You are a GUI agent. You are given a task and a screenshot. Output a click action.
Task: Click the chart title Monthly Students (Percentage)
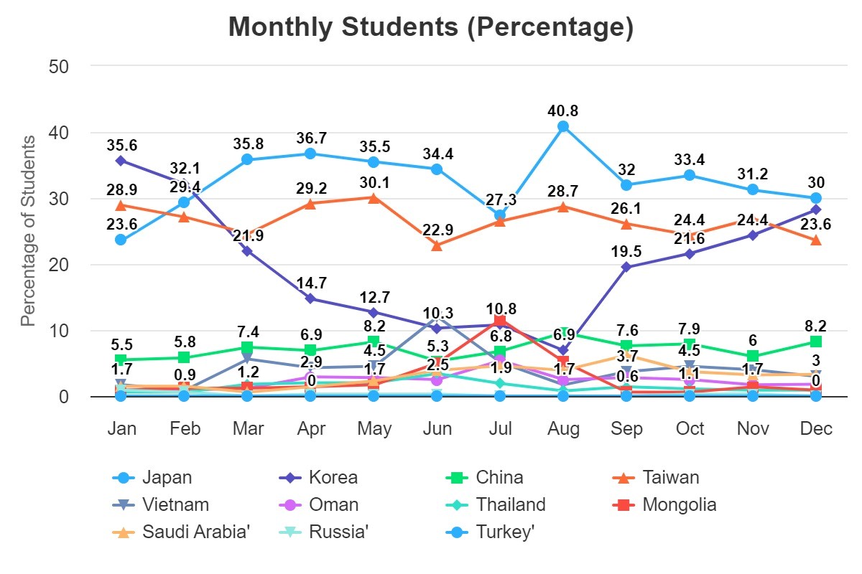431,28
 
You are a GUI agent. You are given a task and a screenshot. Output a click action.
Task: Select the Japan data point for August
563,126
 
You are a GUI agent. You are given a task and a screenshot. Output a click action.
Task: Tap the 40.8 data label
563,110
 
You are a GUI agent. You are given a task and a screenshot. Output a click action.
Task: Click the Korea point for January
121,160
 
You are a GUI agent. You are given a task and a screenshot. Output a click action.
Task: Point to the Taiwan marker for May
374,197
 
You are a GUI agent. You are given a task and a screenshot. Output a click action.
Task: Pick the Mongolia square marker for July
501,321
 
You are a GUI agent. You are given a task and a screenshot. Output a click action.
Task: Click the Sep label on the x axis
626,429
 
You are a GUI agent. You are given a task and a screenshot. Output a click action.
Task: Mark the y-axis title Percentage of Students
27,230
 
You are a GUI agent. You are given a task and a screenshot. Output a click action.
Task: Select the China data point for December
816,342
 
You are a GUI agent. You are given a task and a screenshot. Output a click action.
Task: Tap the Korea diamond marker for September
626,267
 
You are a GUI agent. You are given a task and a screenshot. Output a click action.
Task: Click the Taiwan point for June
437,245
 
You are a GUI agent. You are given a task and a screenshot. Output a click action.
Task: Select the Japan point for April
310,154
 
